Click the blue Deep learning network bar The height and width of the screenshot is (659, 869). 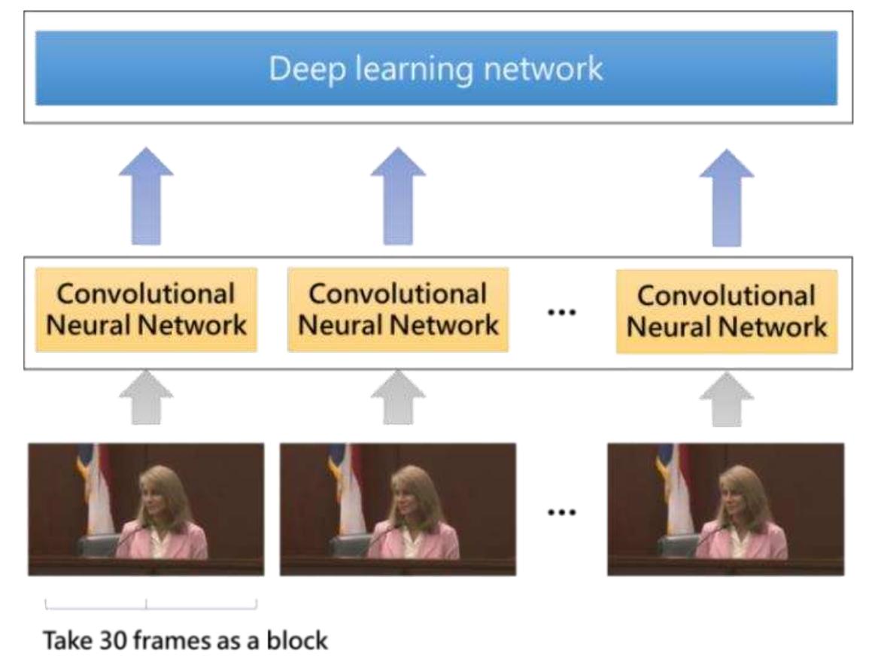(x=436, y=68)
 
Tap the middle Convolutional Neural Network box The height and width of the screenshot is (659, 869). (x=398, y=309)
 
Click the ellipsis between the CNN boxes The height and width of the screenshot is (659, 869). (x=561, y=311)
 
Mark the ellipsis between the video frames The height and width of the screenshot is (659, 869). (x=561, y=512)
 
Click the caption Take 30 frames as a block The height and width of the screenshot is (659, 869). (x=187, y=641)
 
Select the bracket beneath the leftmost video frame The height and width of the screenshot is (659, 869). (x=150, y=604)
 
